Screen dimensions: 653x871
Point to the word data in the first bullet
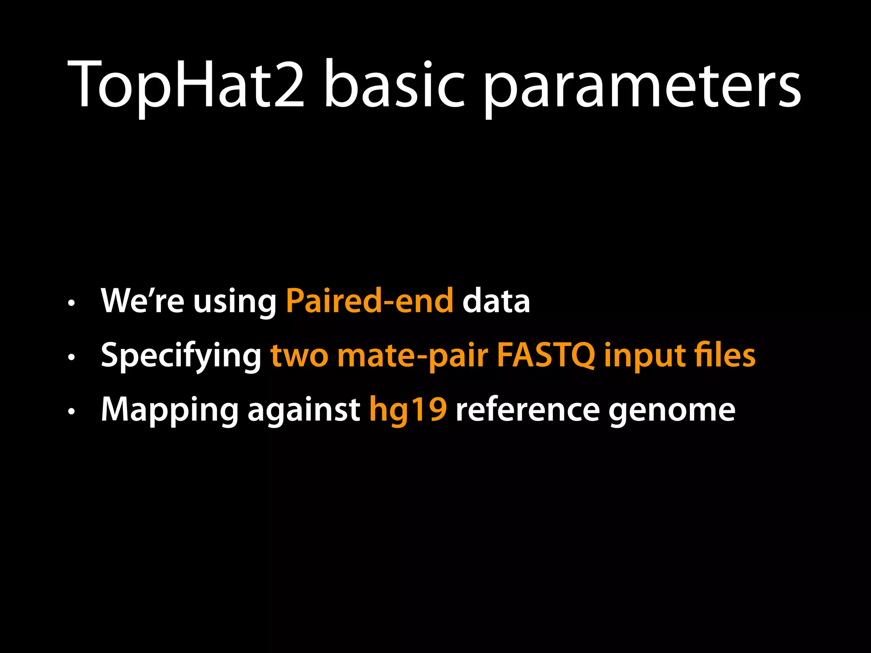click(496, 301)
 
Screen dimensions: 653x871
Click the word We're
click(142, 301)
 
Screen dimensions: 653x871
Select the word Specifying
click(181, 356)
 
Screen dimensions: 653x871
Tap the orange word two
click(299, 355)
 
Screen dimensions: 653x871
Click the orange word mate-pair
click(413, 356)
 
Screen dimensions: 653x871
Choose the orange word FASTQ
click(546, 355)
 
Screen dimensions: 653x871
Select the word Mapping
click(170, 411)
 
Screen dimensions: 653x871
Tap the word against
click(304, 411)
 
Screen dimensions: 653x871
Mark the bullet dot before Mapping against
click(71, 411)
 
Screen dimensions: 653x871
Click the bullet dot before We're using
click(71, 303)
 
